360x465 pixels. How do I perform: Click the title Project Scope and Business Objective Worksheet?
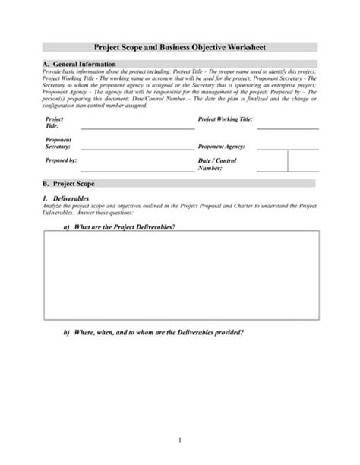pyautogui.click(x=179, y=47)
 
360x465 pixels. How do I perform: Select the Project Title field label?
pyautogui.click(x=55, y=123)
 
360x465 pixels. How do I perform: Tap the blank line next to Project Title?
pyautogui.click(x=137, y=128)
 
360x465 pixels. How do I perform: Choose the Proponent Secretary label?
pyautogui.click(x=58, y=144)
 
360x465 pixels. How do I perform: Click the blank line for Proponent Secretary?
pyautogui.click(x=137, y=150)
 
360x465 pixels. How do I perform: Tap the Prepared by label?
pyautogui.click(x=62, y=162)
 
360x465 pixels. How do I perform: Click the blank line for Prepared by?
pyautogui.click(x=137, y=171)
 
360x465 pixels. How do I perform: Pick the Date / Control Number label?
pyautogui.click(x=217, y=165)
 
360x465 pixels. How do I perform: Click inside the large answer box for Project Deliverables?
pyautogui.click(x=179, y=274)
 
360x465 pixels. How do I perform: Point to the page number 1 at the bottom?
pyautogui.click(x=179, y=440)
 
